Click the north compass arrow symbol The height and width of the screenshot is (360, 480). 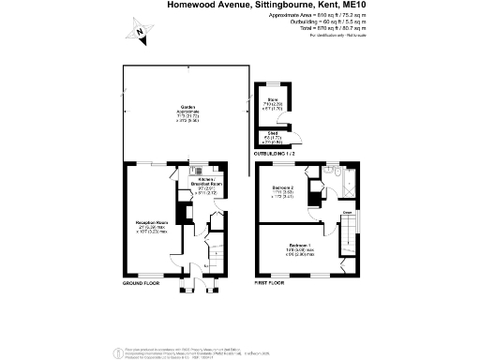tap(139, 34)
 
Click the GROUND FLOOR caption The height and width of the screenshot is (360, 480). tap(142, 281)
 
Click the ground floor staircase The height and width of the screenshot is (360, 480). tap(201, 248)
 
